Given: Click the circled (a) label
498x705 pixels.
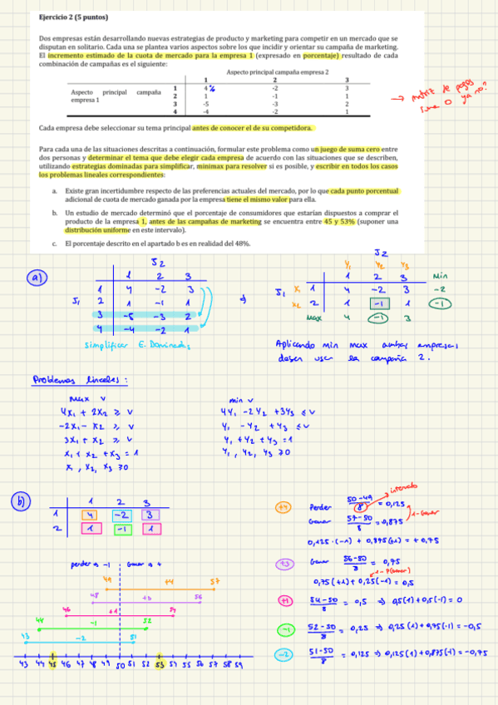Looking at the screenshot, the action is [38, 279].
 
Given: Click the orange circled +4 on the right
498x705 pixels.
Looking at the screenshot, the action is [284, 506].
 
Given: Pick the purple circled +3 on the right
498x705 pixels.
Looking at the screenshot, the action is [284, 563].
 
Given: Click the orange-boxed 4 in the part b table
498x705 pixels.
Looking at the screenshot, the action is [88, 515].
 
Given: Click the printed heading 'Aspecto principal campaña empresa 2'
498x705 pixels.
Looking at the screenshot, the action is [277, 72].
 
